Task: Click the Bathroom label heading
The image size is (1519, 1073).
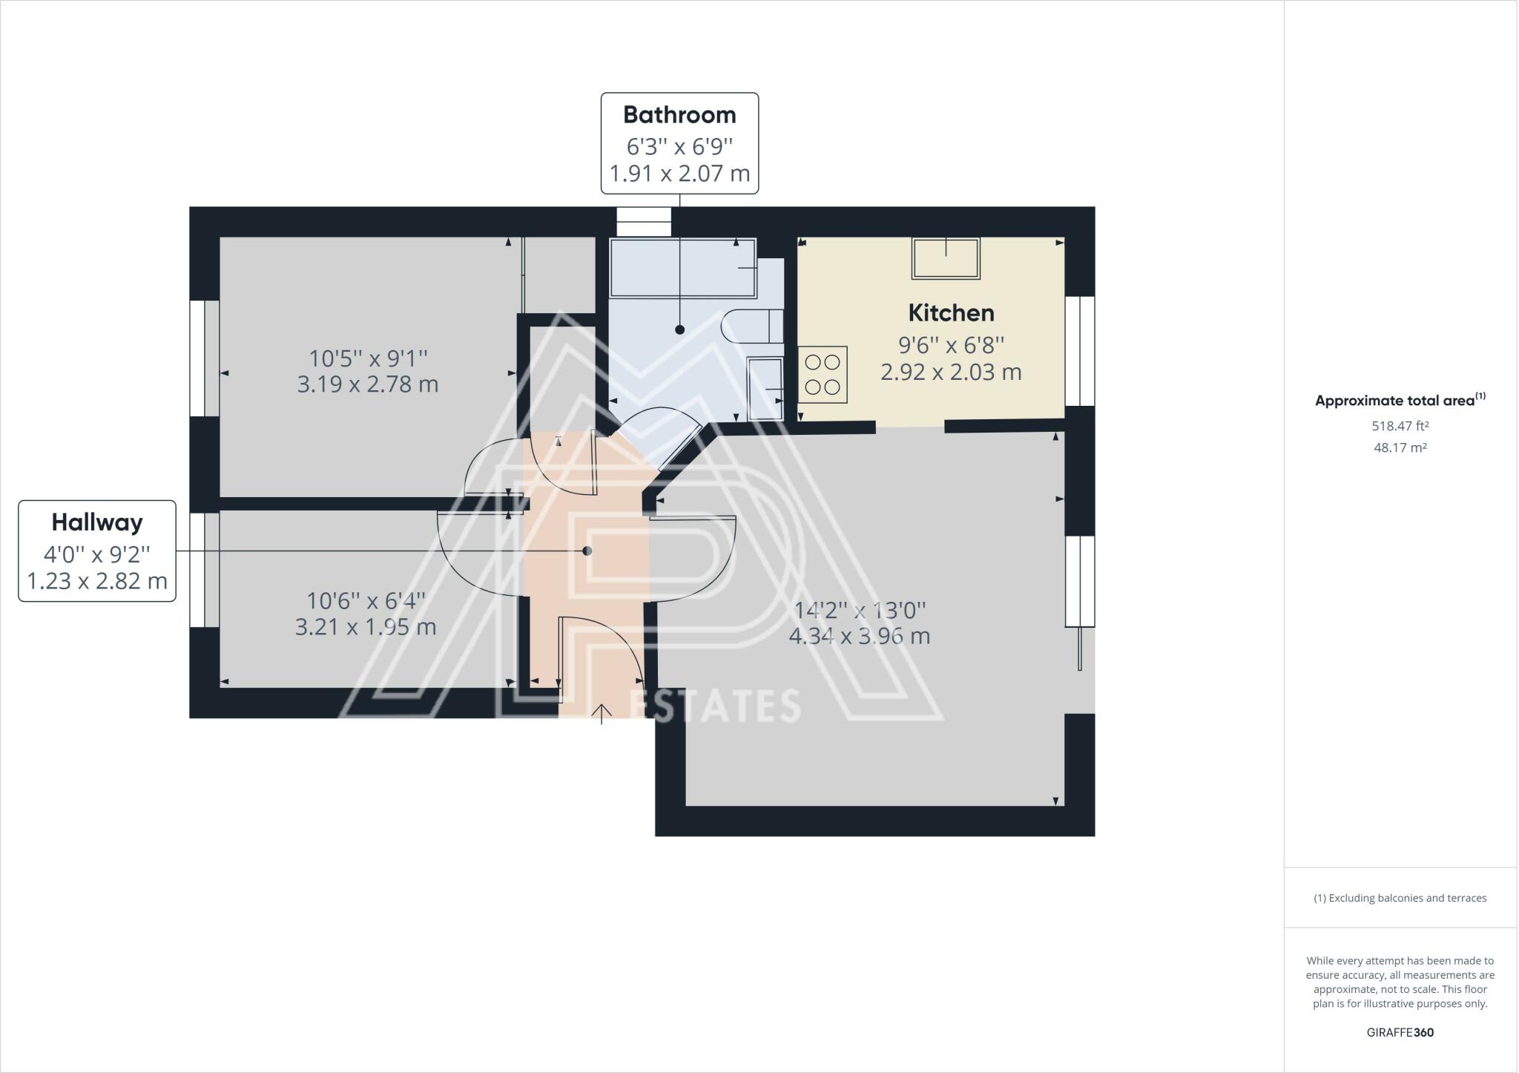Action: (679, 115)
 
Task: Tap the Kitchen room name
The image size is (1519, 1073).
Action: (951, 313)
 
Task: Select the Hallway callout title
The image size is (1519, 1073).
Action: (97, 522)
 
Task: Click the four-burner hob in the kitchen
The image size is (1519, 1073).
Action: (823, 375)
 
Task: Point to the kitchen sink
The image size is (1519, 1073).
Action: (946, 258)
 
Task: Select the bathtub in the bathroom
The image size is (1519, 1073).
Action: (682, 268)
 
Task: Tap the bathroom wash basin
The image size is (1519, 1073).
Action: (765, 388)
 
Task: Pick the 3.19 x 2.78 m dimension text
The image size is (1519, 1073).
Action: (368, 384)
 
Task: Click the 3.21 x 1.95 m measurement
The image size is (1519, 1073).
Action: (366, 627)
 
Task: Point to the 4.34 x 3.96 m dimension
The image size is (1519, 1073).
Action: (860, 637)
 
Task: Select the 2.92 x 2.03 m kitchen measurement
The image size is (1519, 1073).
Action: (951, 372)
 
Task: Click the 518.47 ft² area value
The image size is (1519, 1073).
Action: (1400, 426)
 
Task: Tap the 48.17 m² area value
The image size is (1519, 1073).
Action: (1400, 447)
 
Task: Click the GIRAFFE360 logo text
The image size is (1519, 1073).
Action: (1400, 1032)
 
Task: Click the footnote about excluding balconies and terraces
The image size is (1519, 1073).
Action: (1400, 898)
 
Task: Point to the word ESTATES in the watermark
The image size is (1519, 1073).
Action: (714, 706)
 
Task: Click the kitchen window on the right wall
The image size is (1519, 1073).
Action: (1081, 351)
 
